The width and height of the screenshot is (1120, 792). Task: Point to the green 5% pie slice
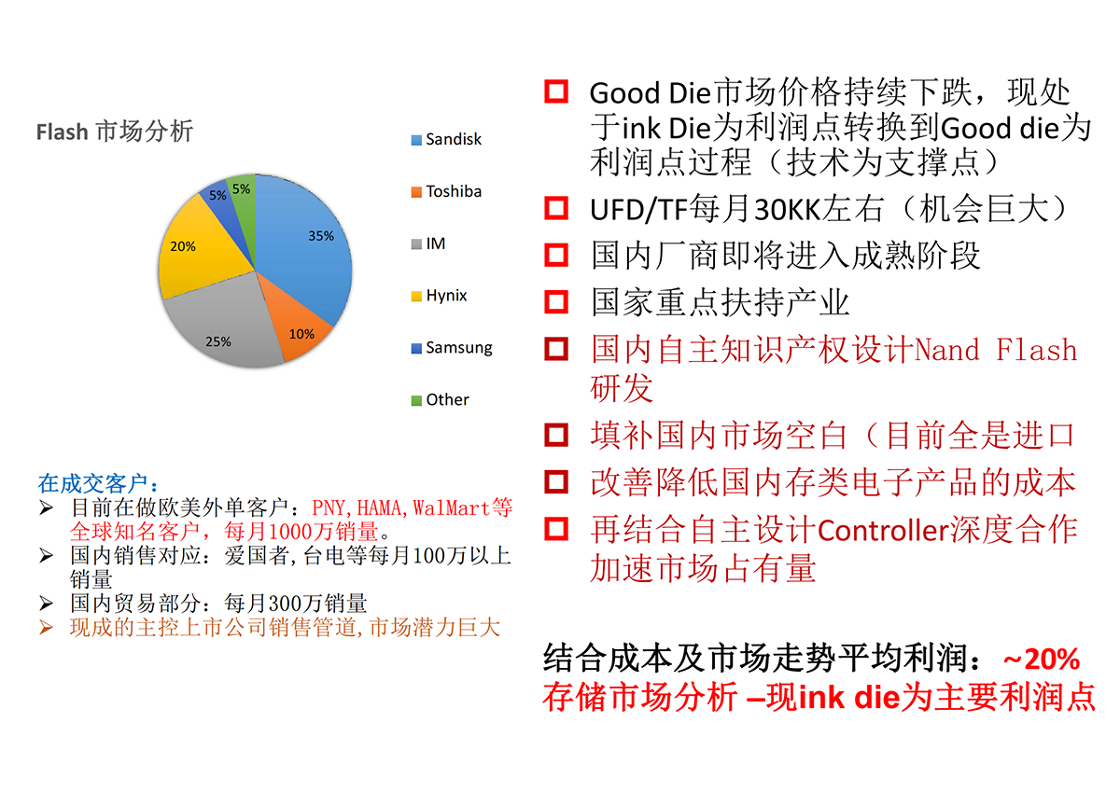(x=243, y=200)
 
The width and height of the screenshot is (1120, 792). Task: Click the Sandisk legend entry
(x=446, y=139)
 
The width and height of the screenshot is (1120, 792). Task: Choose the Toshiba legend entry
(x=446, y=191)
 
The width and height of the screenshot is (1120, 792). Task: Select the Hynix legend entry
(x=439, y=296)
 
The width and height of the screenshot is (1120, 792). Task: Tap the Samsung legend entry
(x=452, y=347)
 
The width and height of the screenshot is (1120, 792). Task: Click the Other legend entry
(x=440, y=400)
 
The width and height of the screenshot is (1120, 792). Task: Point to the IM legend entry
(x=428, y=243)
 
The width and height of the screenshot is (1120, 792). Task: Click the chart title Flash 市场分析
(x=115, y=132)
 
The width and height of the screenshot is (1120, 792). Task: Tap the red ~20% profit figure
(x=1042, y=659)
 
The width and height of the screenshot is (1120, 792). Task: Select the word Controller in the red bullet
(x=884, y=530)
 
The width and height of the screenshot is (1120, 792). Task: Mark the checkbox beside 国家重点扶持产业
(x=556, y=302)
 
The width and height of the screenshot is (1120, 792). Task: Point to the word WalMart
(x=451, y=507)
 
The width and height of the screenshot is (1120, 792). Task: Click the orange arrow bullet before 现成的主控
(x=46, y=627)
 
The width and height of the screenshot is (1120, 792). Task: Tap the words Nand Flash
(x=996, y=349)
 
